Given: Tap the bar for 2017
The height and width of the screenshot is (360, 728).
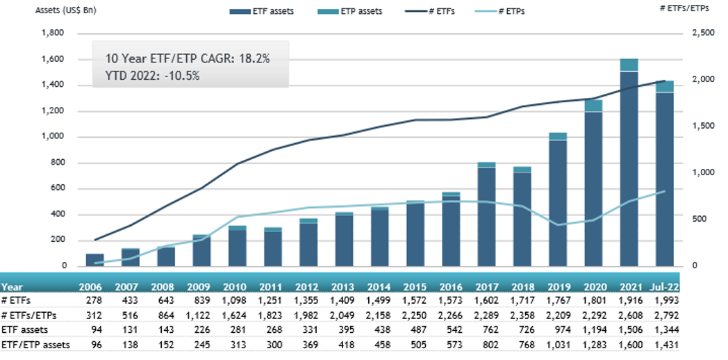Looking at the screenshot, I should coord(486,215).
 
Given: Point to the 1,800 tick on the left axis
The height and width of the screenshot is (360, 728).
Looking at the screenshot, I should coord(53,33).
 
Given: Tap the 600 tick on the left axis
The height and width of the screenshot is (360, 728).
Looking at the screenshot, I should coord(56,189).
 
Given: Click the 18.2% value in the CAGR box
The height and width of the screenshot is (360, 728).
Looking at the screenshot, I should coord(253,59).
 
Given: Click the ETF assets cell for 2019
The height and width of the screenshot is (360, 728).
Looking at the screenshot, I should coord(558,329).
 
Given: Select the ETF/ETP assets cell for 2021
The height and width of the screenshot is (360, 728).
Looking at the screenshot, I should coord(629,344).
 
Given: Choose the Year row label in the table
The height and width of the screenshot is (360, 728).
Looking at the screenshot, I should coord(12,286).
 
